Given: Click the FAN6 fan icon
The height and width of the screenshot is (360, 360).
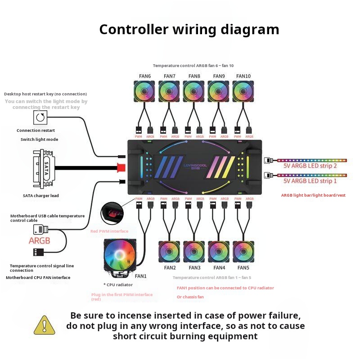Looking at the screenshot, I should [x=144, y=91].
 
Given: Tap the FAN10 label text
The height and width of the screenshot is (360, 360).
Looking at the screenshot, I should [x=243, y=76].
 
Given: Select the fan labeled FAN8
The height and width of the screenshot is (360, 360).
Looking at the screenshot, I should [x=194, y=91].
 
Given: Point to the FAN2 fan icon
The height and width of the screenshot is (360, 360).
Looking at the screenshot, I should [x=170, y=252].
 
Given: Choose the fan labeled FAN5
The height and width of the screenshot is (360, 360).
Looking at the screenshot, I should [x=243, y=252].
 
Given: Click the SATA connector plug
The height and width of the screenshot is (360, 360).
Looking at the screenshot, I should [x=43, y=168].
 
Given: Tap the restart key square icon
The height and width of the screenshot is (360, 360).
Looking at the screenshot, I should [x=40, y=118].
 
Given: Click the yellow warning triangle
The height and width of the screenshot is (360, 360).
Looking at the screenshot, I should [x=44, y=325].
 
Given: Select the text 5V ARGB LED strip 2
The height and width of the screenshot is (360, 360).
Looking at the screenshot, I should [x=310, y=166].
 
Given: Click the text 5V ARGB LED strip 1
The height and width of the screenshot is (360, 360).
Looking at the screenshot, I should [x=310, y=181].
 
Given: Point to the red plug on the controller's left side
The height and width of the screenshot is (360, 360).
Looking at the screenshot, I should [x=121, y=168].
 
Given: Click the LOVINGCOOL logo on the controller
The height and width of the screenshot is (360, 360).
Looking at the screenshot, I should [x=194, y=166].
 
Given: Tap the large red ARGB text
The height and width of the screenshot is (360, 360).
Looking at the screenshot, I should [x=40, y=241].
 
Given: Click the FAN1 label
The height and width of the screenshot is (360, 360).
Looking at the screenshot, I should [x=141, y=276].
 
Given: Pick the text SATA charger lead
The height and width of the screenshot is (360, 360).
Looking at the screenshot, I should [x=41, y=196].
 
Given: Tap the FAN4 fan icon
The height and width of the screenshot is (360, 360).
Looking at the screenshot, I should [x=219, y=252].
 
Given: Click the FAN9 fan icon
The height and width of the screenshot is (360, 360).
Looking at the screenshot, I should [x=219, y=91].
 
